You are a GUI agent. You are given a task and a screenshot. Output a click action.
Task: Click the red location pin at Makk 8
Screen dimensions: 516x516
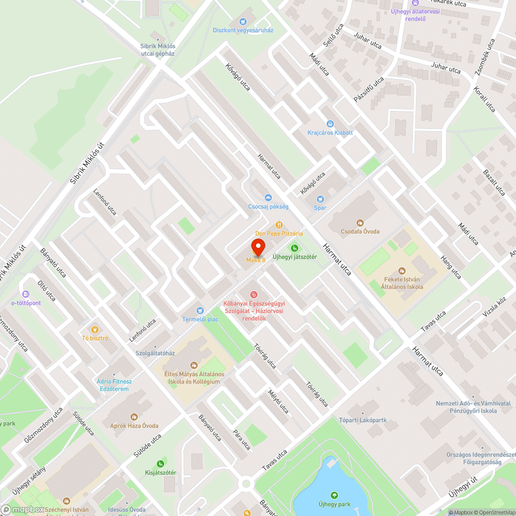click(258, 246)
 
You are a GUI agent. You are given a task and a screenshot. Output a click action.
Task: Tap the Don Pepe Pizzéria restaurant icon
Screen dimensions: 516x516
click(279, 224)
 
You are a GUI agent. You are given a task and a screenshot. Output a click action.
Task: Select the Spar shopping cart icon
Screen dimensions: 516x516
click(320, 199)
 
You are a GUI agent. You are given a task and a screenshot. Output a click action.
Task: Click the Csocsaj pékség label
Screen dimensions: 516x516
click(268, 206)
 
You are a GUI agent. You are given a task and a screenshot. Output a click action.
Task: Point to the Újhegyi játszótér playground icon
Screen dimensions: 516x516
click(295, 248)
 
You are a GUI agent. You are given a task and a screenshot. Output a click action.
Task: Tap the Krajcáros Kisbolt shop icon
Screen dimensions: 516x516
click(330, 124)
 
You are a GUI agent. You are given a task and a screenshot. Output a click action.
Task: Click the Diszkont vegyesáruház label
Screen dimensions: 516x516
click(243, 30)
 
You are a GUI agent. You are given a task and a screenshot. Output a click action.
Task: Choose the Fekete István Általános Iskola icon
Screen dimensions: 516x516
click(402, 270)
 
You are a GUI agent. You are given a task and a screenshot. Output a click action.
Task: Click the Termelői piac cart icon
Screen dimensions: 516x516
click(200, 310)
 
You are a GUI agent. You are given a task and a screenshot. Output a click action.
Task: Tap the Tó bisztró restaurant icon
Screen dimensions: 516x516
click(94, 330)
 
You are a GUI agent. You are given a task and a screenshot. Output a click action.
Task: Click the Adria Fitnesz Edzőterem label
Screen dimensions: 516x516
click(115, 385)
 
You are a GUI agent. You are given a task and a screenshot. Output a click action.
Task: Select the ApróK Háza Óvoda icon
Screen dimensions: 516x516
click(134, 416)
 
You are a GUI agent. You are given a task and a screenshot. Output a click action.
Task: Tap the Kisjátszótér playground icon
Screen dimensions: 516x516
click(160, 463)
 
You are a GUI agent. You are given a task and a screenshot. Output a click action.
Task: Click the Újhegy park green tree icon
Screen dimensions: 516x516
click(334, 495)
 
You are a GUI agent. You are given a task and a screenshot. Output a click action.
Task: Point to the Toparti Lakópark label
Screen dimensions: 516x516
click(363, 420)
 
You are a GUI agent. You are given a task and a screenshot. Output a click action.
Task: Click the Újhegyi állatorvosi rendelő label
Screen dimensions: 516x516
click(415, 15)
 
